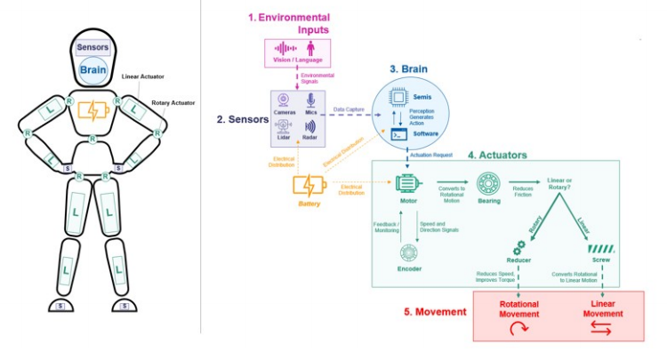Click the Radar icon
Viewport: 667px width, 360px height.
(x=309, y=126)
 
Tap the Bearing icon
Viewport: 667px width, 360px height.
(x=487, y=184)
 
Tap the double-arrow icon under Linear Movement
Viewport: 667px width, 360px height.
(x=602, y=328)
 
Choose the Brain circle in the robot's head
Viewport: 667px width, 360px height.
(x=93, y=70)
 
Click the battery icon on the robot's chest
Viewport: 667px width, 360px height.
(x=93, y=111)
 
